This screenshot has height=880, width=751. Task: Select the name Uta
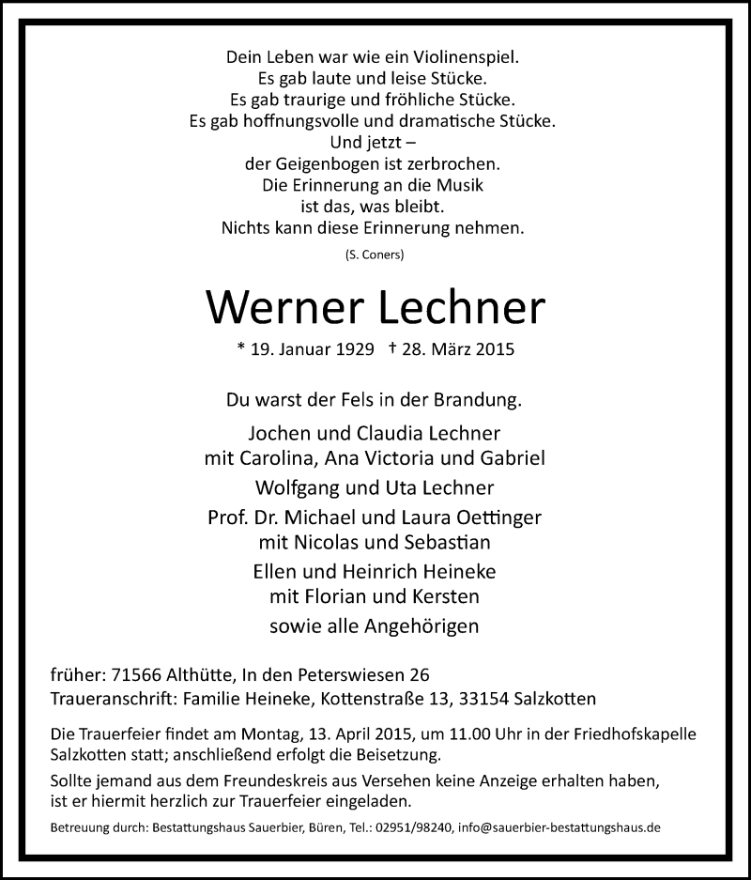424,489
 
